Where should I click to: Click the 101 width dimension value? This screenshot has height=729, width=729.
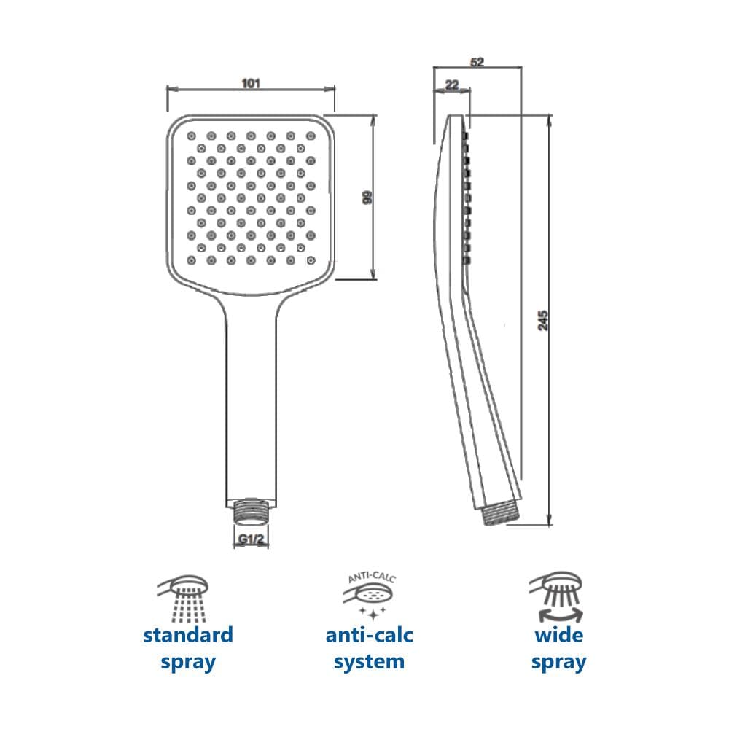point(251,84)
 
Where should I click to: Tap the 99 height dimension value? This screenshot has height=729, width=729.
point(367,197)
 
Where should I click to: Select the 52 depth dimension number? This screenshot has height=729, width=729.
point(477,62)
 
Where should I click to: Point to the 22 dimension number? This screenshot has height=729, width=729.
point(452,85)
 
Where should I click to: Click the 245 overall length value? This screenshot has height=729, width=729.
point(542,321)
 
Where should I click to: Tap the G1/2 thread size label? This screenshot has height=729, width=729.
point(251,539)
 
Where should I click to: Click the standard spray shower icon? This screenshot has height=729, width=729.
point(184,599)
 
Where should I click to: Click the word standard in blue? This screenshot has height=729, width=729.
point(188,635)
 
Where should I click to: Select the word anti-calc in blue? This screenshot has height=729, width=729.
point(369,635)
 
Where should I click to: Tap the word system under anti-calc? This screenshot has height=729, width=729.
point(369,662)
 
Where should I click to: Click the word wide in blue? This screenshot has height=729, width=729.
point(559,635)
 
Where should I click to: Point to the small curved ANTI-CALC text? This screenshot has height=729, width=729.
point(372,577)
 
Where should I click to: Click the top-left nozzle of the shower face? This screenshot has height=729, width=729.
point(192,136)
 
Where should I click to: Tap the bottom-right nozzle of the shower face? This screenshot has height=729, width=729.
point(311,260)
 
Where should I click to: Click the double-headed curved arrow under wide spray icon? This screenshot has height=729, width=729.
point(560,615)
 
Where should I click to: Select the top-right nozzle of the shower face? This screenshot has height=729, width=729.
point(311,136)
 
